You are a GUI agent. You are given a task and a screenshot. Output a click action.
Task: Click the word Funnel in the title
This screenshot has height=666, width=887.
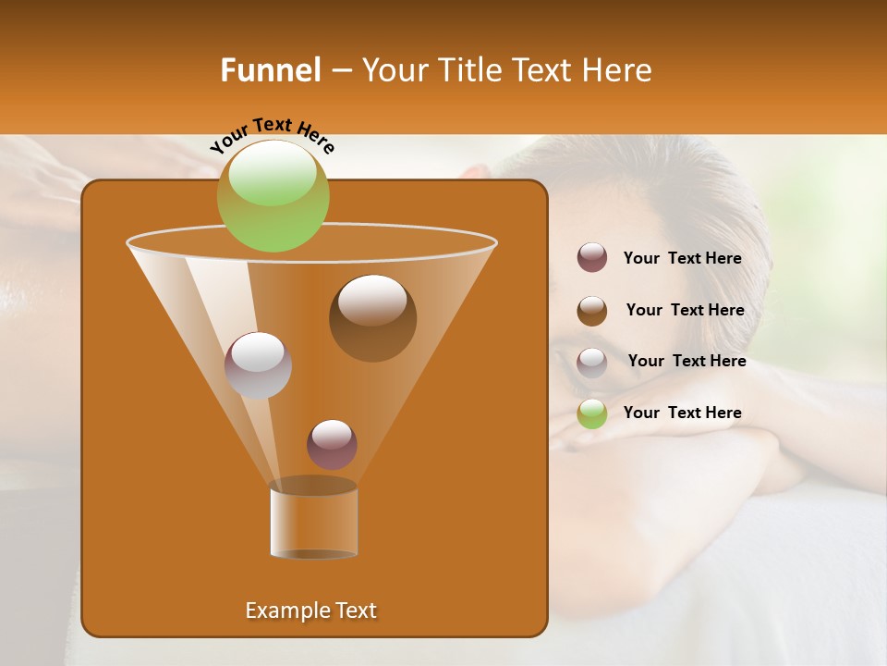click(270, 70)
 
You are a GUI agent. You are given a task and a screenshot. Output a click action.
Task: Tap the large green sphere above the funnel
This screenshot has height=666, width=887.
click(273, 195)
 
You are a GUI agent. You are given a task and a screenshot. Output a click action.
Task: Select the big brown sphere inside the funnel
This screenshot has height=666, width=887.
click(372, 318)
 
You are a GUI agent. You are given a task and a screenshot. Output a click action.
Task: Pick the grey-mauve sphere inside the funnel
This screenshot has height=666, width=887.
click(258, 365)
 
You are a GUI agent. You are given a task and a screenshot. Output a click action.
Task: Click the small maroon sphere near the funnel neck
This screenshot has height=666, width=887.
click(332, 444)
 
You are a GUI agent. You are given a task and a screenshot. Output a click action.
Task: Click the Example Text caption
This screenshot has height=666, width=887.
click(310, 610)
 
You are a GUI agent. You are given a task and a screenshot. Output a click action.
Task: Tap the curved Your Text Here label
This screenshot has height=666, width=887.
click(272, 135)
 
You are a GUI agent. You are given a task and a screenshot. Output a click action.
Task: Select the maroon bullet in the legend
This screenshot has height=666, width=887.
click(592, 258)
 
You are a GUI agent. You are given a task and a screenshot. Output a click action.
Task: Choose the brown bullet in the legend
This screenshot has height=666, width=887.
click(592, 311)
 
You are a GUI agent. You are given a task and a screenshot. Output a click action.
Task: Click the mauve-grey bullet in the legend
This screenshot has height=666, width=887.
click(592, 363)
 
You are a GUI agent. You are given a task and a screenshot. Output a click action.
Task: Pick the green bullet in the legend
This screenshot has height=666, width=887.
click(592, 413)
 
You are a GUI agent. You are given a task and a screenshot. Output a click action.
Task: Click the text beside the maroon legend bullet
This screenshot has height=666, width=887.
click(682, 259)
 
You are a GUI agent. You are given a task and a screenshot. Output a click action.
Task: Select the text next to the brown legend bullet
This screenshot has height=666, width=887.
click(685, 311)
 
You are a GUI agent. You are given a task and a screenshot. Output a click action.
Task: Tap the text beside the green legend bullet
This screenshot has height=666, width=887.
click(682, 413)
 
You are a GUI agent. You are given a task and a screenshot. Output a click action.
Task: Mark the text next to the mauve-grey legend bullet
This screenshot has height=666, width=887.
click(687, 362)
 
